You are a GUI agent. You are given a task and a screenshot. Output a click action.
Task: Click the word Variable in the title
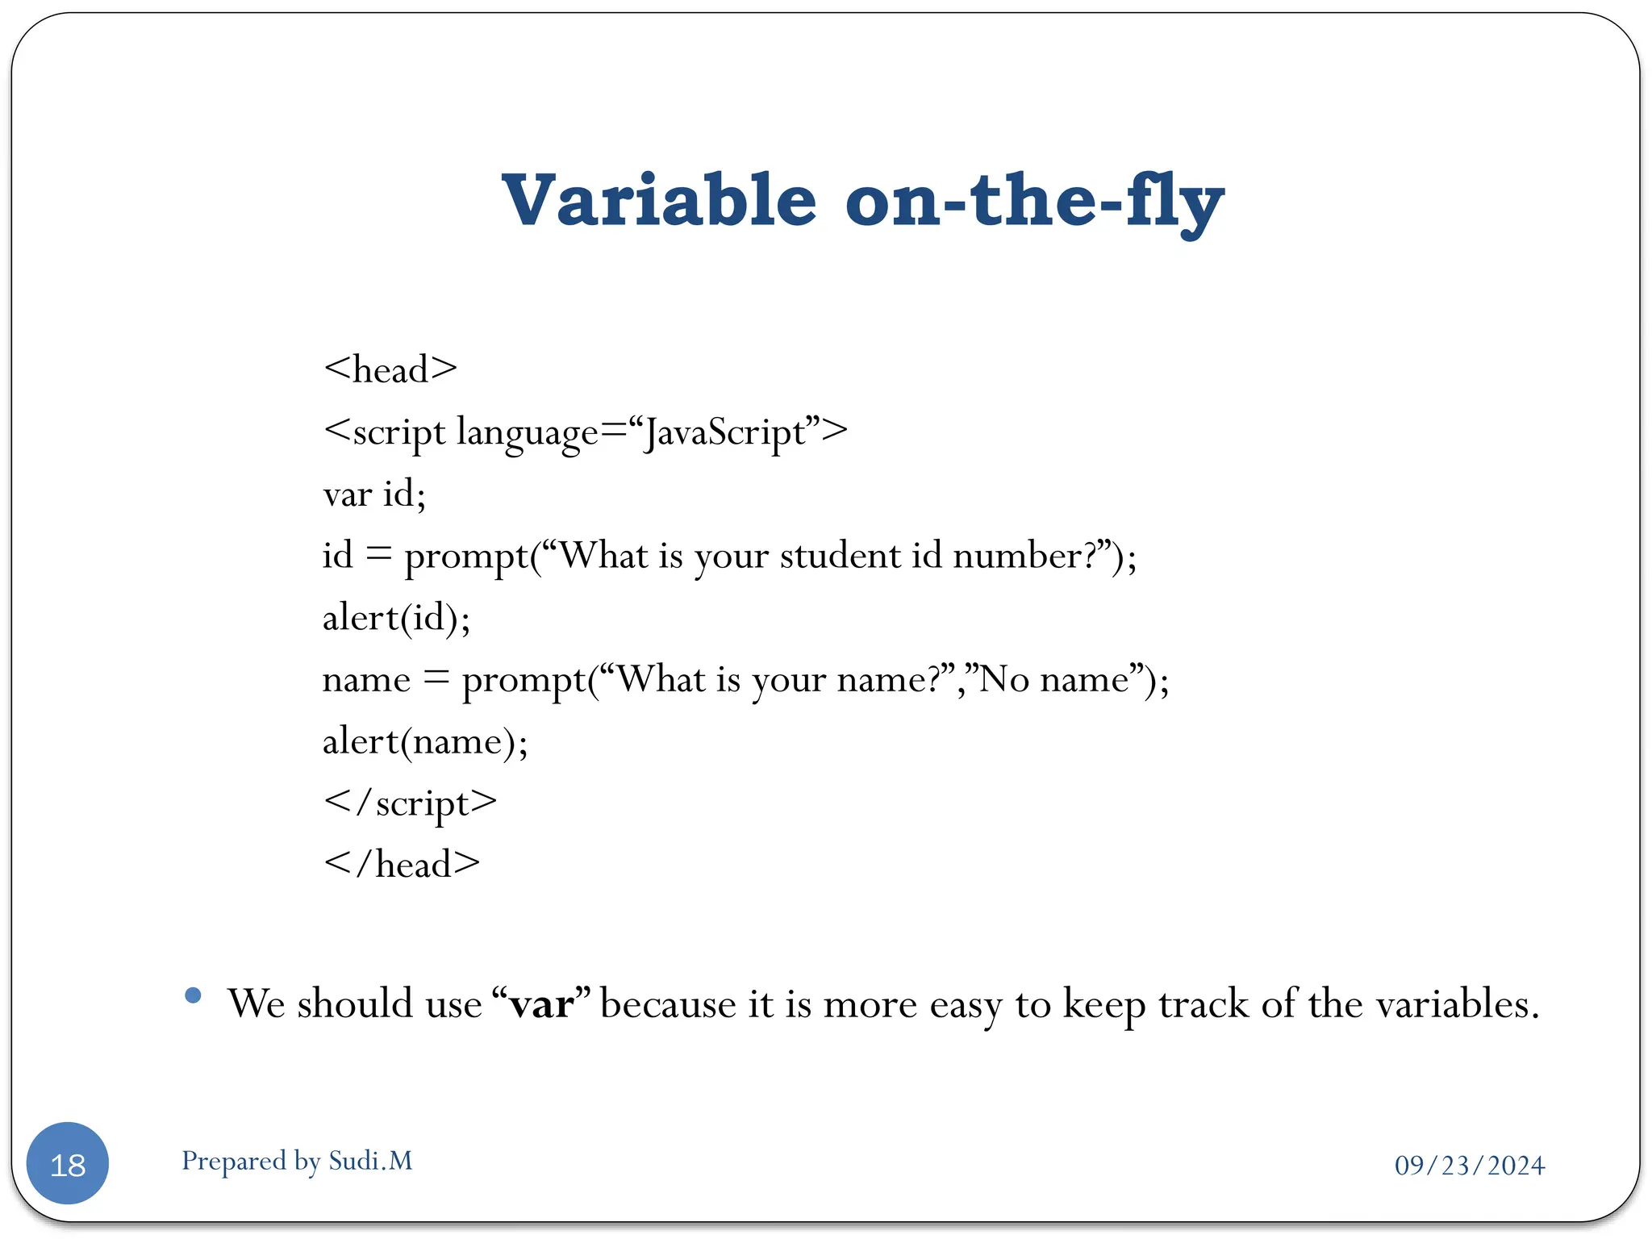pos(659,201)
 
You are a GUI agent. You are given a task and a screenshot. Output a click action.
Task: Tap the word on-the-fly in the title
pos(1034,201)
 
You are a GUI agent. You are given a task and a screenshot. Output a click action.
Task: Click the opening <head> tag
pos(390,370)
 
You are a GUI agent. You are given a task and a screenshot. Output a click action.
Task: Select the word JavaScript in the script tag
pos(724,432)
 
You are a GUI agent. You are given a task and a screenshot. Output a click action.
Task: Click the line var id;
pos(374,494)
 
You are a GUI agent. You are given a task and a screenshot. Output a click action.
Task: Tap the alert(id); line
pos(396,618)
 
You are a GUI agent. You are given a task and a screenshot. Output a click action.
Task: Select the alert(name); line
pos(425,741)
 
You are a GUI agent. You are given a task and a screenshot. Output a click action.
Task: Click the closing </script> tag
pos(410,803)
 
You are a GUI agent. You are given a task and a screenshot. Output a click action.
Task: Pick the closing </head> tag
pos(402,865)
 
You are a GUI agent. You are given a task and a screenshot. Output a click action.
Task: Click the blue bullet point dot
pos(193,995)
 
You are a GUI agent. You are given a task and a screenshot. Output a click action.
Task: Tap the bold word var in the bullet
pos(541,1004)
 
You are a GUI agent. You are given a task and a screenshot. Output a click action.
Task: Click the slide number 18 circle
pos(68,1163)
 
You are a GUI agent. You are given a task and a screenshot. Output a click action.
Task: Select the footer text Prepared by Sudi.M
pos(297,1161)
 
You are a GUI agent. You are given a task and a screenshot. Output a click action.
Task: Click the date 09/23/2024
pos(1469,1166)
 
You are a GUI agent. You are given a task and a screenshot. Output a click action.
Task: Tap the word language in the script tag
pos(528,432)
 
